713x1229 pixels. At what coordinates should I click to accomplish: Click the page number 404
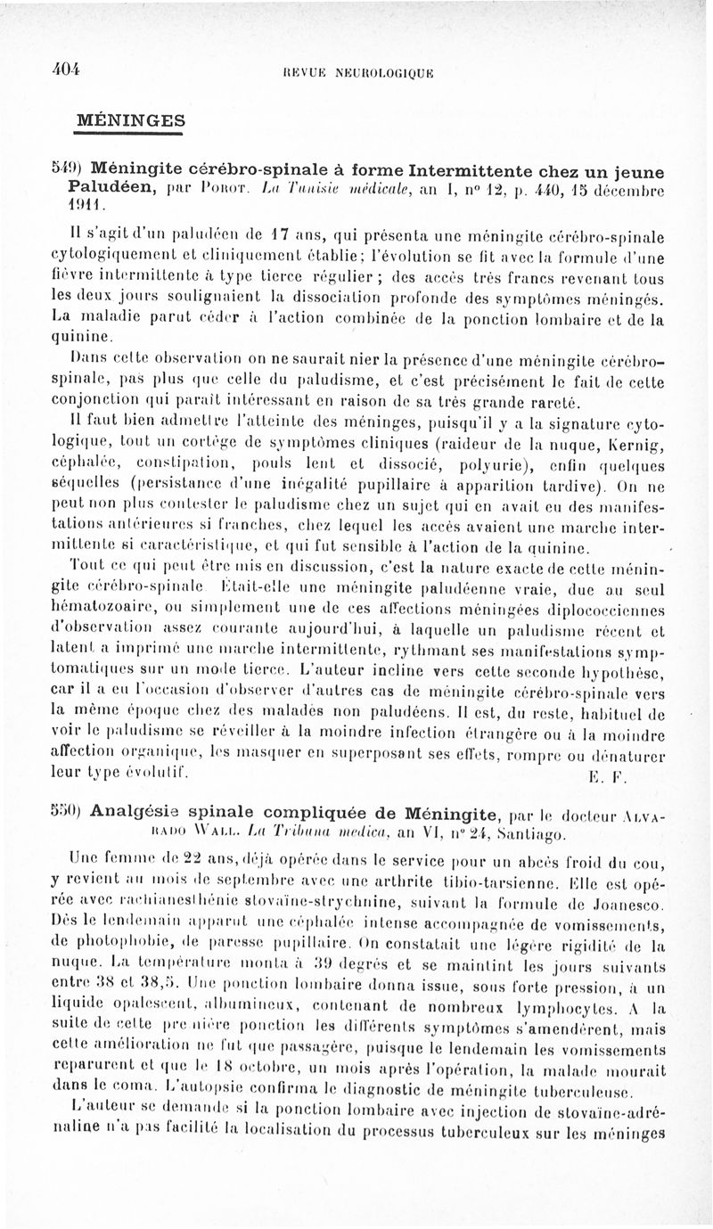(65, 70)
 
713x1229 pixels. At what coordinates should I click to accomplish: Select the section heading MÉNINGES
(129, 119)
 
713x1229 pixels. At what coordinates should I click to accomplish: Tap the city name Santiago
(537, 834)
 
